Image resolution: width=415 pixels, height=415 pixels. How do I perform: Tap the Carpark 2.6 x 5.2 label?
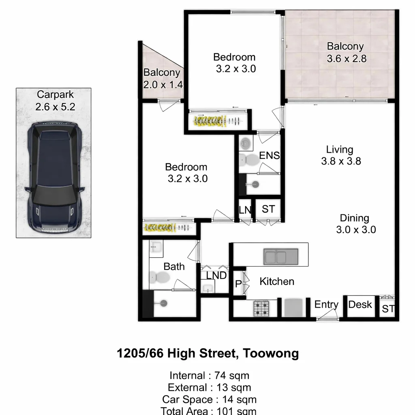click(x=55, y=101)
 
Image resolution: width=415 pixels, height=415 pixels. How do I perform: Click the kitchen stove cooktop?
click(x=261, y=308)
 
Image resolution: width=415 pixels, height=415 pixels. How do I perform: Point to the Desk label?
click(x=360, y=305)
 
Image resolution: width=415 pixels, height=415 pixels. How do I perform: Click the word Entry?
click(x=326, y=305)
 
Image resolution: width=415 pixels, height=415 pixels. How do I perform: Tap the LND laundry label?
click(x=216, y=275)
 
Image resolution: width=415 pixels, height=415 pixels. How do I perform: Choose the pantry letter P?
click(x=238, y=284)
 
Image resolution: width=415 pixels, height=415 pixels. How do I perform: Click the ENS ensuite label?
click(x=270, y=156)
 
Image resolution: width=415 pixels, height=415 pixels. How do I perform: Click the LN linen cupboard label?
click(x=245, y=210)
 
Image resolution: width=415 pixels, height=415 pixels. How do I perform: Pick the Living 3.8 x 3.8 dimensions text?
click(x=341, y=161)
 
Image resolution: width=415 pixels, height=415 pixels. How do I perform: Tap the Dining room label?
click(x=355, y=218)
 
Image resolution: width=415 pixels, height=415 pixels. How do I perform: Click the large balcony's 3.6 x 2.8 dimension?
click(x=347, y=59)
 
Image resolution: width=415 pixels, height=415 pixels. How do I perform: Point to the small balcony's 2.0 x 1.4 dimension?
click(x=163, y=85)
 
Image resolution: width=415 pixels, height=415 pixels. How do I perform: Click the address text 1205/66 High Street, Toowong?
click(x=207, y=353)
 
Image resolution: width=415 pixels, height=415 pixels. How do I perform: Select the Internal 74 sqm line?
click(x=209, y=375)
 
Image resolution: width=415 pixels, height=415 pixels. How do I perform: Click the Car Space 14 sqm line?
click(x=209, y=400)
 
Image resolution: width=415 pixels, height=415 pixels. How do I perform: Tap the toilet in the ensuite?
click(x=248, y=160)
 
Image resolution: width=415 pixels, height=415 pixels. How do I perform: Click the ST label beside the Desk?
click(x=388, y=309)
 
